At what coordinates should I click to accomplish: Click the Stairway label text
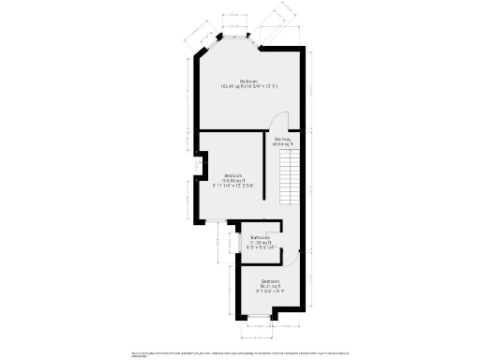coord(282,139)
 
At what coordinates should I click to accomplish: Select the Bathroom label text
coord(261,238)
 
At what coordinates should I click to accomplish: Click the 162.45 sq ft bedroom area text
coord(248,86)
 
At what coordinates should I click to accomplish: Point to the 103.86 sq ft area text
coord(233,180)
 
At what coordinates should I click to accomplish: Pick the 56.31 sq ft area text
coord(271,287)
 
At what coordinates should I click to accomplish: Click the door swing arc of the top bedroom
coord(277,123)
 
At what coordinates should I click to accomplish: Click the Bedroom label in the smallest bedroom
coord(271,281)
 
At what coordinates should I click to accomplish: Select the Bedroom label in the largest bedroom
coord(248,81)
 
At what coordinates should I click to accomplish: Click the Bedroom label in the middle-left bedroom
coord(233,174)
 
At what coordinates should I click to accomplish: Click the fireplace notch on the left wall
coord(199,167)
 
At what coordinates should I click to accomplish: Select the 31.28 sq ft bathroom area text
coord(261,244)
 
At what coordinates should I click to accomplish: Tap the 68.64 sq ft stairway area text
coord(282,144)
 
